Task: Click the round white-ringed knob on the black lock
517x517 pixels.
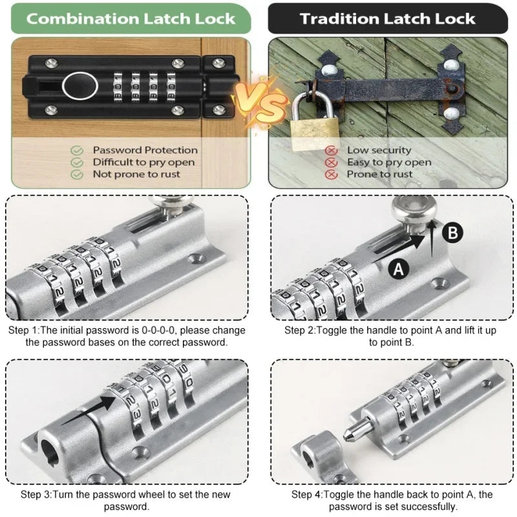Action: pyautogui.click(x=80, y=86)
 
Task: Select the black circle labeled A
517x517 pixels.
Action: pyautogui.click(x=399, y=269)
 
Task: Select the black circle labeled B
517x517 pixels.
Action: pyautogui.click(x=452, y=233)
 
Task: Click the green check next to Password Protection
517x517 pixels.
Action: pyautogui.click(x=77, y=151)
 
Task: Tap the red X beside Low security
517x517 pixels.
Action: pyautogui.click(x=331, y=151)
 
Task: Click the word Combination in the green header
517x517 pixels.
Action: pyautogui.click(x=83, y=19)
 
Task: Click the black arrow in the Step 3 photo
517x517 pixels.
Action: pyautogui.click(x=89, y=410)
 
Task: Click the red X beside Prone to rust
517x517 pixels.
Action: pyautogui.click(x=331, y=174)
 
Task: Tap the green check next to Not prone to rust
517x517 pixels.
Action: pyautogui.click(x=77, y=174)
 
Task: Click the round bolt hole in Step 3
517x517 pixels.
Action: pyautogui.click(x=50, y=452)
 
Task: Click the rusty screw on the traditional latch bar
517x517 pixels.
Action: pyautogui.click(x=452, y=89)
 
